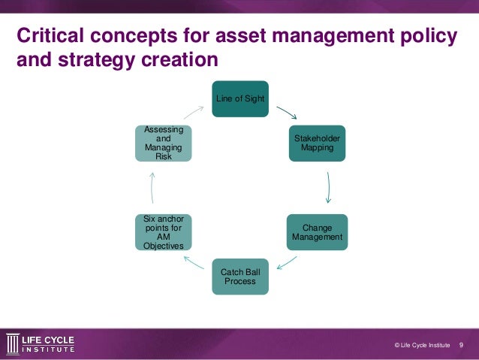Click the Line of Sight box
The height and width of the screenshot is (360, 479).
[x=239, y=98]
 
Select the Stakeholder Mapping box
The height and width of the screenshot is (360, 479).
[x=317, y=143]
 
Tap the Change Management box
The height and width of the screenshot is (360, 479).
[x=317, y=232]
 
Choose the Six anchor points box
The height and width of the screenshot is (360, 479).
[x=163, y=232]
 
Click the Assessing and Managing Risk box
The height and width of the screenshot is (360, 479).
[x=163, y=143]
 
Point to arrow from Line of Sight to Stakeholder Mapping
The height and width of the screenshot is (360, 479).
[x=286, y=113]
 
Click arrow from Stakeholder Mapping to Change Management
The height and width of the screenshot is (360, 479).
[x=329, y=187]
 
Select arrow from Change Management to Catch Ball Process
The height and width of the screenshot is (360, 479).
[x=286, y=262]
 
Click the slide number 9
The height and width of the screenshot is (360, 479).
[x=461, y=344]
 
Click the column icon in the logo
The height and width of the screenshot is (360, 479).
[x=12, y=343]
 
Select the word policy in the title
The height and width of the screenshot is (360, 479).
[x=421, y=35]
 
